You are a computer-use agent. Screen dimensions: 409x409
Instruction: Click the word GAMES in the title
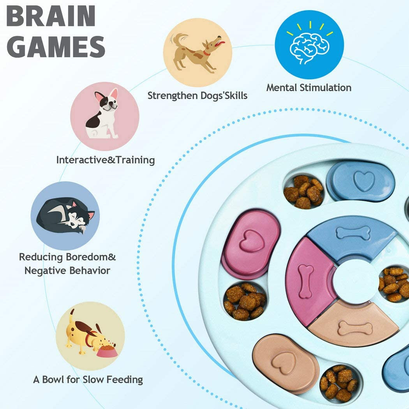pos(56,46)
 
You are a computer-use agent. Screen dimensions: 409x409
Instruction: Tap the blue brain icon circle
pos(309,45)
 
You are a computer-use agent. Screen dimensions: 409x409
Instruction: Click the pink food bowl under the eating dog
pos(107,351)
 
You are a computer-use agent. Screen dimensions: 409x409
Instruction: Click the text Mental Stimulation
pos(309,88)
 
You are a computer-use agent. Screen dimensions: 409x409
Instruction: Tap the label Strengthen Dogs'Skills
pos(197,95)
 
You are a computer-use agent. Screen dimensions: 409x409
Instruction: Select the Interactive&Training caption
pos(105,160)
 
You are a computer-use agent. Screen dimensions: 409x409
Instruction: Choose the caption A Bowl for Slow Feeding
pos(88,379)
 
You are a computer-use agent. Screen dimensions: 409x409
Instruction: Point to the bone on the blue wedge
pos(353,233)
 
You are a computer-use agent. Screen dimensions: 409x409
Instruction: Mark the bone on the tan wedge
pos(355,328)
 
